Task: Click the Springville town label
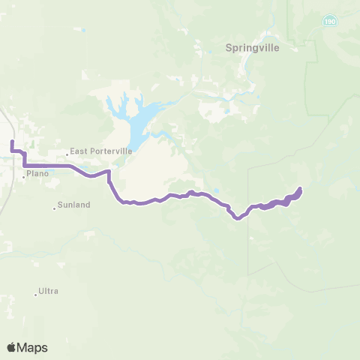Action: click(252, 47)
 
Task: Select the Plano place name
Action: click(37, 173)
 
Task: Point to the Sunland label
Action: click(74, 204)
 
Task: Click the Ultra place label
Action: click(49, 291)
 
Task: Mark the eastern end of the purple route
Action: click(300, 188)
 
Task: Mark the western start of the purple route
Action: click(12, 141)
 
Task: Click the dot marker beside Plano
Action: click(24, 177)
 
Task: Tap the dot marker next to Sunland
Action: click(55, 208)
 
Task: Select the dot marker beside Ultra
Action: click(36, 294)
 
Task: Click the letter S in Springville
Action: click(229, 47)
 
